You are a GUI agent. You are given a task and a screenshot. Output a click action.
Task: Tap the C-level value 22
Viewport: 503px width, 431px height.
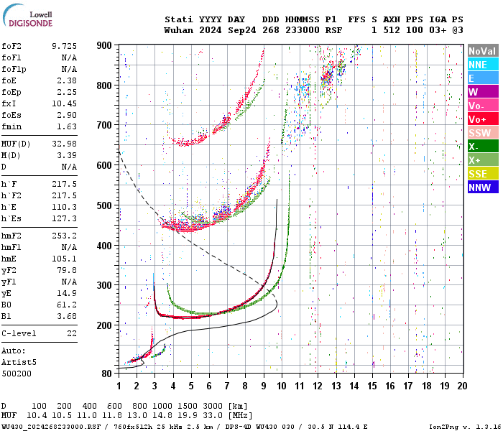point(72,334)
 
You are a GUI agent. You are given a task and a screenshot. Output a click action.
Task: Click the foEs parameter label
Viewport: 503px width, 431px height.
point(11,115)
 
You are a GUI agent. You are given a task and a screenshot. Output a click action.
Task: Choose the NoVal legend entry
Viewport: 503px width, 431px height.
point(482,51)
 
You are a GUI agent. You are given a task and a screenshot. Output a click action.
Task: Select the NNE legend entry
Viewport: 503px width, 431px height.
point(477,65)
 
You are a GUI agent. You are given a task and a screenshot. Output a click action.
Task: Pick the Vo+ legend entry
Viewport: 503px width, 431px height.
point(477,119)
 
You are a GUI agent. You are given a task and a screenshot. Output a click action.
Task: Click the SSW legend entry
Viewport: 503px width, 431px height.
point(479,133)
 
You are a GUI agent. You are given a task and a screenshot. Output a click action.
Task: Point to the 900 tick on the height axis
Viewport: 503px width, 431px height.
point(104,45)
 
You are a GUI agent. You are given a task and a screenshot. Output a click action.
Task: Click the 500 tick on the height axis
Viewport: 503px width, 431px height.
point(104,206)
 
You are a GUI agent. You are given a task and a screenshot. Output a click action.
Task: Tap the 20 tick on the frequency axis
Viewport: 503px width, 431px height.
point(463,385)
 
